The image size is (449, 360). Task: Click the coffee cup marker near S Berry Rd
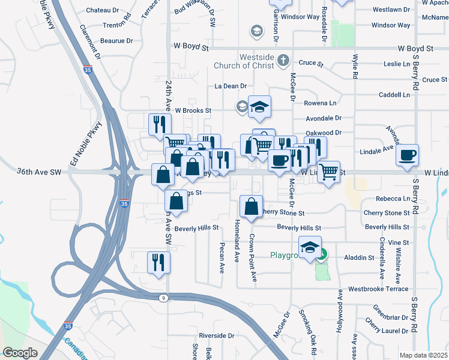(407, 155)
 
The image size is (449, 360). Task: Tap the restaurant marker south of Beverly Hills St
(159, 262)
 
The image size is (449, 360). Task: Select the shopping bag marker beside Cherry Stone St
(251, 206)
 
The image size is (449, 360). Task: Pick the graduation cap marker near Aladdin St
(310, 247)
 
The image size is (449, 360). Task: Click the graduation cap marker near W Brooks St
(259, 107)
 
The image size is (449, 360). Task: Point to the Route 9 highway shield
(163, 298)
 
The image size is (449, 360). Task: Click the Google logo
(20, 353)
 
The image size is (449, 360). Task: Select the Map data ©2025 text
(423, 355)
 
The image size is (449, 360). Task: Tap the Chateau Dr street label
(103, 10)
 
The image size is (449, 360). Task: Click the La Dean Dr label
(231, 86)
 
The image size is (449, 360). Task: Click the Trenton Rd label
(116, 25)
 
